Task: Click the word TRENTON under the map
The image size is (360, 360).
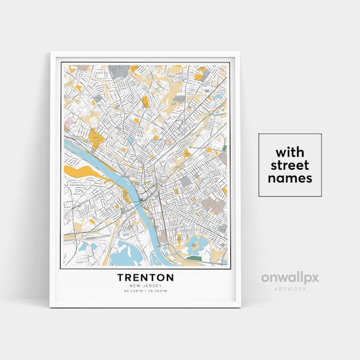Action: coord(145,278)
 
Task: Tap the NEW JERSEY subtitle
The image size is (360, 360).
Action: coord(145,286)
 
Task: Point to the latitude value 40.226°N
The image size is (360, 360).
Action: coord(134,291)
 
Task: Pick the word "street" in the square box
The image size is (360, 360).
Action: coord(290,164)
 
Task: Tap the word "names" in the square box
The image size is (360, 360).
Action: coord(290,178)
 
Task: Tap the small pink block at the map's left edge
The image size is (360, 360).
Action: coord(68,128)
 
